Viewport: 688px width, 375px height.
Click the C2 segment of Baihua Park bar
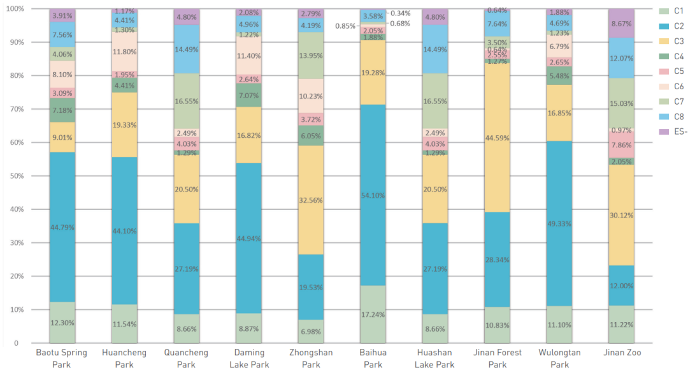(x=373, y=195)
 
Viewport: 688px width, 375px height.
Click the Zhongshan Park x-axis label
(x=311, y=358)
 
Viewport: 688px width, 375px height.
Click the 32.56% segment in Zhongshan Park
(x=311, y=200)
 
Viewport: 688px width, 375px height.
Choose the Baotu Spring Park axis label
(x=62, y=358)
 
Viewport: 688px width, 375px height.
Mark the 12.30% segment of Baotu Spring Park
(x=62, y=323)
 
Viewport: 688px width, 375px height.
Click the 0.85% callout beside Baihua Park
(x=345, y=26)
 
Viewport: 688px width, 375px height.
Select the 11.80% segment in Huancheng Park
(x=124, y=52)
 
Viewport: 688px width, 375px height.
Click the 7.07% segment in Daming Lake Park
(x=248, y=95)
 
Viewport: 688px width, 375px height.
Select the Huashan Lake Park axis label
(x=435, y=358)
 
